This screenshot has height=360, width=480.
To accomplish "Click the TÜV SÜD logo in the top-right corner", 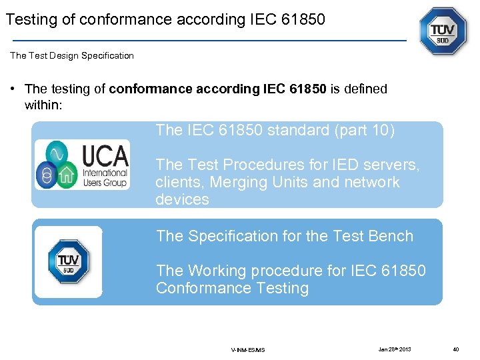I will [443, 31].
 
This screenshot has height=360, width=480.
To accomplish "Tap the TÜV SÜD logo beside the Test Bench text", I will [68, 261].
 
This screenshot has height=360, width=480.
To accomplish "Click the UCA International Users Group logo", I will [82, 165].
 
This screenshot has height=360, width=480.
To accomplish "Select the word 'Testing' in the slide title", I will [31, 19].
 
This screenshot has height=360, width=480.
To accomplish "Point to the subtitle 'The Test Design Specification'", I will [72, 55].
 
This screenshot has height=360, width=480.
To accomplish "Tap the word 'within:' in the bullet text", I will [43, 105].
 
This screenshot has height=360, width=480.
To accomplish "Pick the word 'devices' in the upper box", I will [182, 199].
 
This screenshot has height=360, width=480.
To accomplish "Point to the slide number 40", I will [455, 349].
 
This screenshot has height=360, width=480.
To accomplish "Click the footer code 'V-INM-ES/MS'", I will [248, 349].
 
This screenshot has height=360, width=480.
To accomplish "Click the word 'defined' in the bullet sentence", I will [365, 89].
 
